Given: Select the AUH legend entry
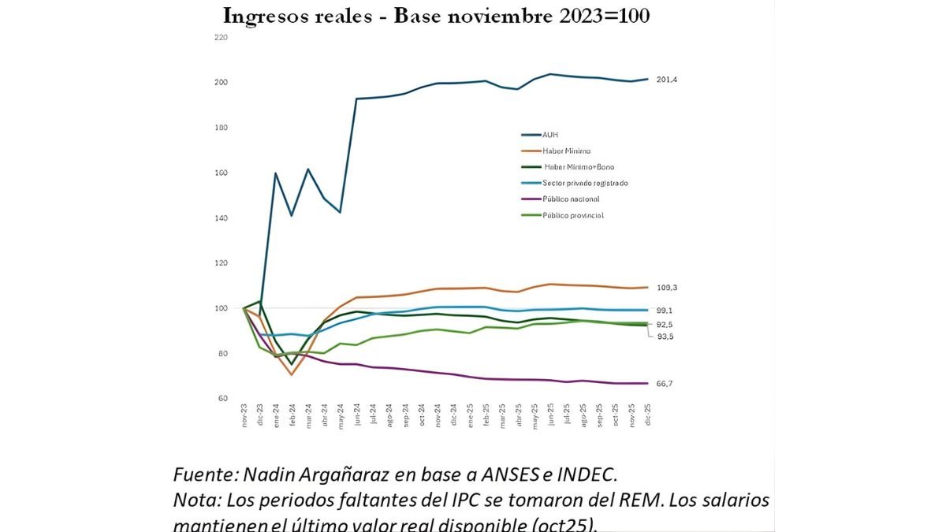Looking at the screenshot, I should [549, 135].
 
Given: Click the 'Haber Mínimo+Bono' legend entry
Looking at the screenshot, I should [578, 166].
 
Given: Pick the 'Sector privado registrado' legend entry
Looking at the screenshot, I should [584, 183].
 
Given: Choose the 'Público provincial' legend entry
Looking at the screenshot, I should [572, 215].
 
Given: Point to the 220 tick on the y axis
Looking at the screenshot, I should [221, 37].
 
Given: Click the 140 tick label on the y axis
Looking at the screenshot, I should [221, 218].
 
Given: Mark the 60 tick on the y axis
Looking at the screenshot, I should [222, 398].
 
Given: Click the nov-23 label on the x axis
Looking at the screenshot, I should [244, 417].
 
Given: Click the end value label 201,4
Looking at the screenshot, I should [667, 80].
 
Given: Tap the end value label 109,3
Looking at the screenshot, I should [667, 288].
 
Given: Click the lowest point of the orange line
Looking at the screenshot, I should [292, 374].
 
